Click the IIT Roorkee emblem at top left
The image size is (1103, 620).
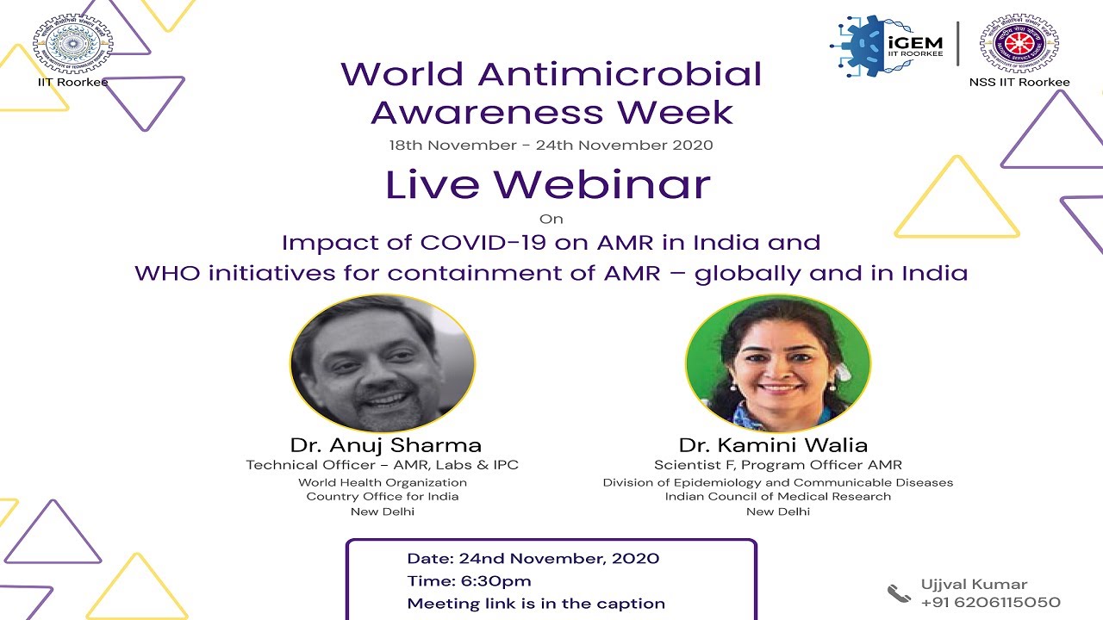pos(72,43)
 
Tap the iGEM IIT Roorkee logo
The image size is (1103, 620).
pos(888,45)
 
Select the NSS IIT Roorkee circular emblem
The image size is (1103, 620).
pos(1019,43)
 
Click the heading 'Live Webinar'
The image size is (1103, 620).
pos(548,184)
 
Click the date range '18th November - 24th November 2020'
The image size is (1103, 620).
pos(551,145)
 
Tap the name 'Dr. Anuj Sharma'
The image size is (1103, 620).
pos(385,445)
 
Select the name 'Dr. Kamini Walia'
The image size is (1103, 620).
pos(773,445)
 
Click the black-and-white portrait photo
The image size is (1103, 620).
pos(383,363)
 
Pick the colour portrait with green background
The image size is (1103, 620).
pos(777,363)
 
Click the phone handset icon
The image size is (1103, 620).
pos(899,592)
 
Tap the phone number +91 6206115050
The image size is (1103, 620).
pos(990,602)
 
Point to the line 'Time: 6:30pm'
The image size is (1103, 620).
pos(470,581)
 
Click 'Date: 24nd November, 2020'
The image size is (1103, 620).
pos(533,559)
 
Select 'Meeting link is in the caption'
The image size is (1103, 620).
pos(536,604)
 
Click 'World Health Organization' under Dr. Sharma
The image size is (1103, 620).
pos(383,482)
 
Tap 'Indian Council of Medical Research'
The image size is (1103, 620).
pos(778,497)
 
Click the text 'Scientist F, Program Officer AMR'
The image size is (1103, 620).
pos(778,465)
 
